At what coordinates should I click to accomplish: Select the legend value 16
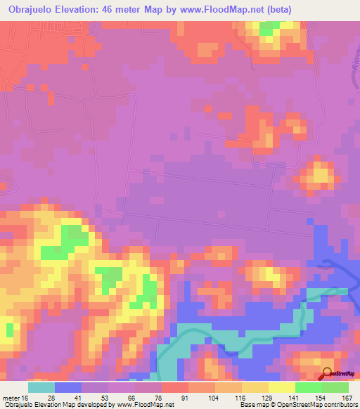coord(26,398)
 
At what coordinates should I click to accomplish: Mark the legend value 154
coord(321,398)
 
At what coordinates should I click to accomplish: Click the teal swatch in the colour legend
coord(41,387)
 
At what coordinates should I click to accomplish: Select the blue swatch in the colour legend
coord(68,387)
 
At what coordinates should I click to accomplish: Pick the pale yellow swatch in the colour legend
coord(281,387)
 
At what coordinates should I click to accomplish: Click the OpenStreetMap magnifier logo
coord(328,374)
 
